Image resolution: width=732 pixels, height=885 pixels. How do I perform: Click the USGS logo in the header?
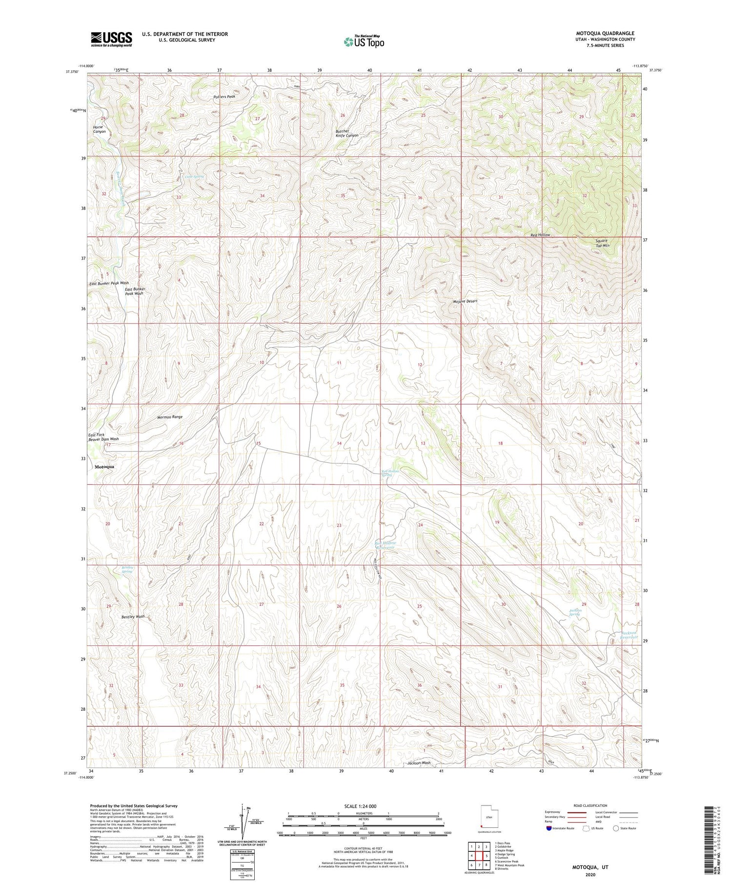coord(111,39)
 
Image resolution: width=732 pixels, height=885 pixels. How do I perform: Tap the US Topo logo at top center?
coord(364,42)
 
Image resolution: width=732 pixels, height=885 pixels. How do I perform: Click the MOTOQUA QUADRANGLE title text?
coord(605,33)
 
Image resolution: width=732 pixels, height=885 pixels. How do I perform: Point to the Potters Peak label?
coord(224,97)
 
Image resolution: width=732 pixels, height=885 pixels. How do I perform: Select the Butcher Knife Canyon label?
coord(347,133)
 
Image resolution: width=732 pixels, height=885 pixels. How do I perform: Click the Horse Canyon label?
coord(99,129)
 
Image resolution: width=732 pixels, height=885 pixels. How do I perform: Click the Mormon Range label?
coord(170,417)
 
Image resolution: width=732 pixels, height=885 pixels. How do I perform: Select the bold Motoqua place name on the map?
coord(104,467)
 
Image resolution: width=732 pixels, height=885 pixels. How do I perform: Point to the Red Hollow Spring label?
coord(390,473)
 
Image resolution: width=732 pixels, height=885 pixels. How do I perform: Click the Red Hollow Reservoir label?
coord(385,545)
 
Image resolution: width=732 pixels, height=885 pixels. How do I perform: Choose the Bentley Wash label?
coord(133,617)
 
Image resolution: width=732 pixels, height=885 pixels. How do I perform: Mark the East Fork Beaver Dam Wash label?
coord(103,437)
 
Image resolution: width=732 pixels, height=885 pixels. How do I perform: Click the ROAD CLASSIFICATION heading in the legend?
coord(590,805)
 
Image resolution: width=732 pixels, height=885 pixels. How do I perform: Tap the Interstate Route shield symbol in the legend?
coord(549,828)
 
